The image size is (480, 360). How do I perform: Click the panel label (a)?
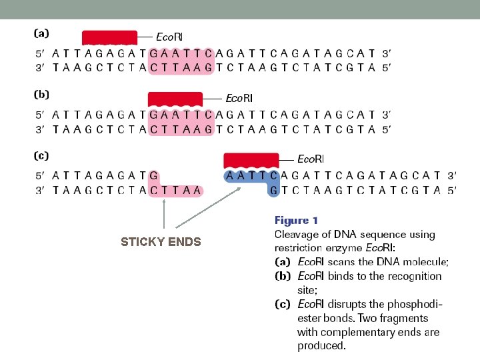tap(41, 32)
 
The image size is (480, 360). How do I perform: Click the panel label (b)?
tap(41, 95)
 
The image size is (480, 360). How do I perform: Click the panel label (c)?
tap(41, 156)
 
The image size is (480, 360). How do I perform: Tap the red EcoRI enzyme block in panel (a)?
tap(109, 37)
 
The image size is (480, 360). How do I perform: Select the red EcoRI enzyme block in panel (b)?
tap(175, 99)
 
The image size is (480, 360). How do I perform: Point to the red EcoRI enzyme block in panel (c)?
tap(251, 160)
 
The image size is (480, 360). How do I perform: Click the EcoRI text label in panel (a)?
tap(169, 36)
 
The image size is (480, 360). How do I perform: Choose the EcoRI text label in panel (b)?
tap(239, 98)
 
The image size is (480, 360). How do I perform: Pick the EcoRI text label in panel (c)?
tap(311, 159)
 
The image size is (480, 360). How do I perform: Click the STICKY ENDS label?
tap(161, 242)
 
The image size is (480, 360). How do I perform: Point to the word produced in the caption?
tap(321, 346)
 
